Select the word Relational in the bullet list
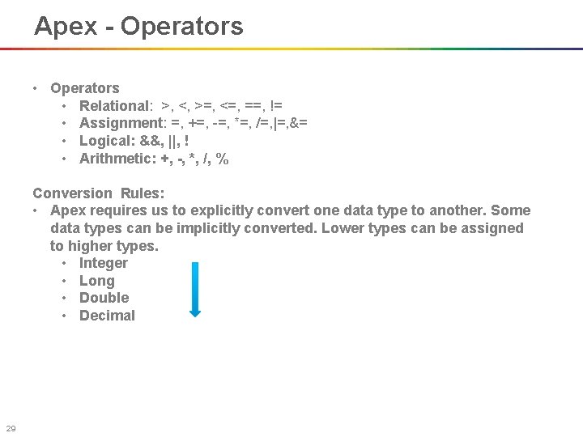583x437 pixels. (x=114, y=106)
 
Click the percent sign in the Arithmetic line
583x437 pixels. (x=222, y=159)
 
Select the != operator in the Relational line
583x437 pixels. (x=275, y=106)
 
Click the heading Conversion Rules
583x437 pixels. (x=98, y=193)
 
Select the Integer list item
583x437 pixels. (x=103, y=263)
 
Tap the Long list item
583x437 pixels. (x=96, y=281)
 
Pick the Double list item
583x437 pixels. (x=104, y=298)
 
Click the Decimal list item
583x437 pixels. (x=107, y=316)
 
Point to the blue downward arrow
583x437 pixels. (x=194, y=289)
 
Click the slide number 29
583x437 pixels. (x=11, y=428)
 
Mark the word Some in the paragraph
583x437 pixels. (x=512, y=211)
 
